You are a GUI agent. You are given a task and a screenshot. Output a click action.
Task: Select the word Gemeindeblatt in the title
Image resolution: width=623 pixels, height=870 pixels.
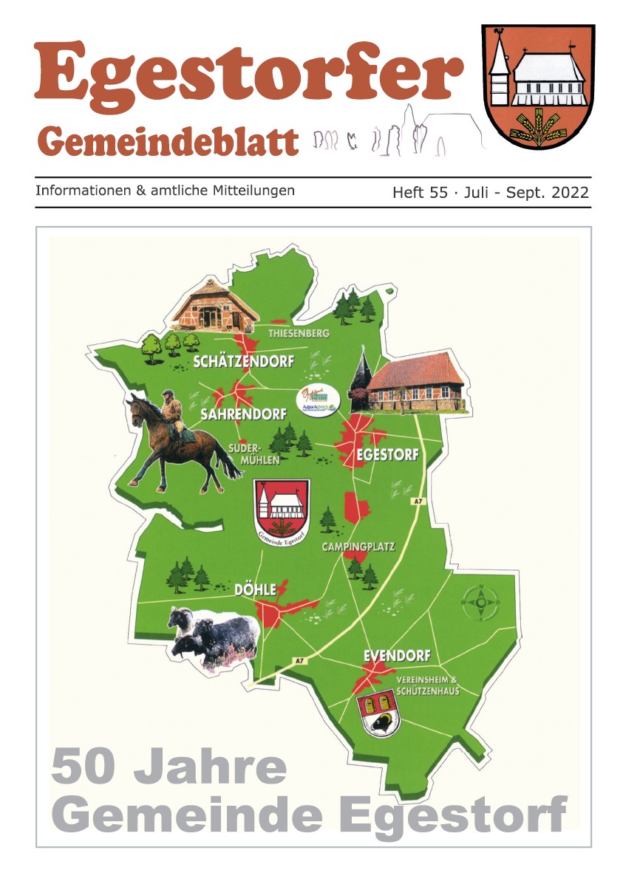168,140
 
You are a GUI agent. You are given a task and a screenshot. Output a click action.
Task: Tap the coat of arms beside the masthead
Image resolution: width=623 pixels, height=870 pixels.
538,87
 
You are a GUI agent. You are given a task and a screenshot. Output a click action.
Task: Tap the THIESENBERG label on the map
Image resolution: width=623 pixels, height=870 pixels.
299,334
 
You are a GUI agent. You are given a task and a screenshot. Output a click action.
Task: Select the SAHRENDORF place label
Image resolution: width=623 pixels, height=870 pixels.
243,415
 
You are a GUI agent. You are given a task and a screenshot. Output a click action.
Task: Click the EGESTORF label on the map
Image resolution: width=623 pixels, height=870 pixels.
387,455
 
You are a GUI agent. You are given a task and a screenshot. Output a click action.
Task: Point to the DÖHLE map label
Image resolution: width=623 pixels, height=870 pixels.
255,589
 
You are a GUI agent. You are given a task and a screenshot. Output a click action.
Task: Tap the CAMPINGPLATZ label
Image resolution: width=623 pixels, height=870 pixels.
358,547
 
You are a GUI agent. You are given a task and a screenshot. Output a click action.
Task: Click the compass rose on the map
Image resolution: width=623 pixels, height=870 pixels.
481,603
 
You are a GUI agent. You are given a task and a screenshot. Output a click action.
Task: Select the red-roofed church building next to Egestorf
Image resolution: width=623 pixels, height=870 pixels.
414,383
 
